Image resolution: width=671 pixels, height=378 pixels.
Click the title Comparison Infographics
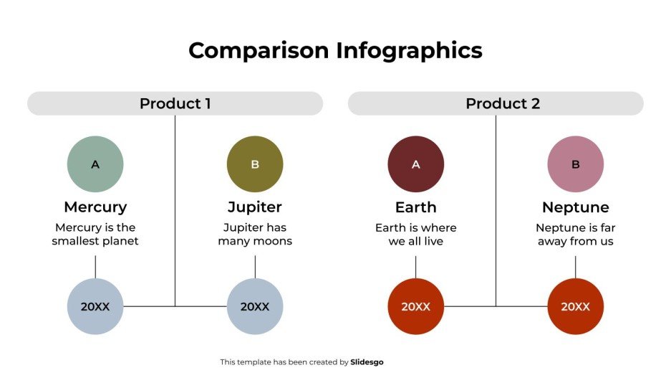(x=335, y=51)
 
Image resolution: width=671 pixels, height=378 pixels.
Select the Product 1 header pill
(x=175, y=103)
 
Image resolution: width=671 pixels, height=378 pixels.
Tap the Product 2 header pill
(x=496, y=103)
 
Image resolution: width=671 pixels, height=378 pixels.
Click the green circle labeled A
(x=95, y=164)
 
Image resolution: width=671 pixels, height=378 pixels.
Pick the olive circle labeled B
(x=255, y=164)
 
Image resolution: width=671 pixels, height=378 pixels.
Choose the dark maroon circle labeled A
(x=415, y=164)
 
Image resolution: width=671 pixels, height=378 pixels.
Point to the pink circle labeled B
(x=575, y=164)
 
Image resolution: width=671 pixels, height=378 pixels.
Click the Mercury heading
(x=95, y=207)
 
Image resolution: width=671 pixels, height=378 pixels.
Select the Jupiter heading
(x=255, y=207)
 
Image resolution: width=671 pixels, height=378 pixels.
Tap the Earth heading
(x=415, y=207)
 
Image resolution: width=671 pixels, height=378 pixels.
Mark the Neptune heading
(x=575, y=207)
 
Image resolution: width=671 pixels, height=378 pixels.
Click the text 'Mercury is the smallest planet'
(x=95, y=235)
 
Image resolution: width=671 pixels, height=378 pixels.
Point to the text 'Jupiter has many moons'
(x=255, y=235)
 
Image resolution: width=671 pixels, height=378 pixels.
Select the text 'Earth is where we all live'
(x=415, y=235)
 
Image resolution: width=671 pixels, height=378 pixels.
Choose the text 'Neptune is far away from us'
(x=575, y=235)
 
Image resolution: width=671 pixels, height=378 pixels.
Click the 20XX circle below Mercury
(x=95, y=306)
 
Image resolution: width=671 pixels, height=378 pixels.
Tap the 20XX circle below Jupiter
(x=255, y=306)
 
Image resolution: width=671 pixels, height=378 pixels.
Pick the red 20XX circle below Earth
(x=415, y=306)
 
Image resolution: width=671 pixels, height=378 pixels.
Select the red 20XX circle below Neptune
(x=575, y=306)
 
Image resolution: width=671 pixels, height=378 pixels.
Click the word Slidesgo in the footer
(x=367, y=362)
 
